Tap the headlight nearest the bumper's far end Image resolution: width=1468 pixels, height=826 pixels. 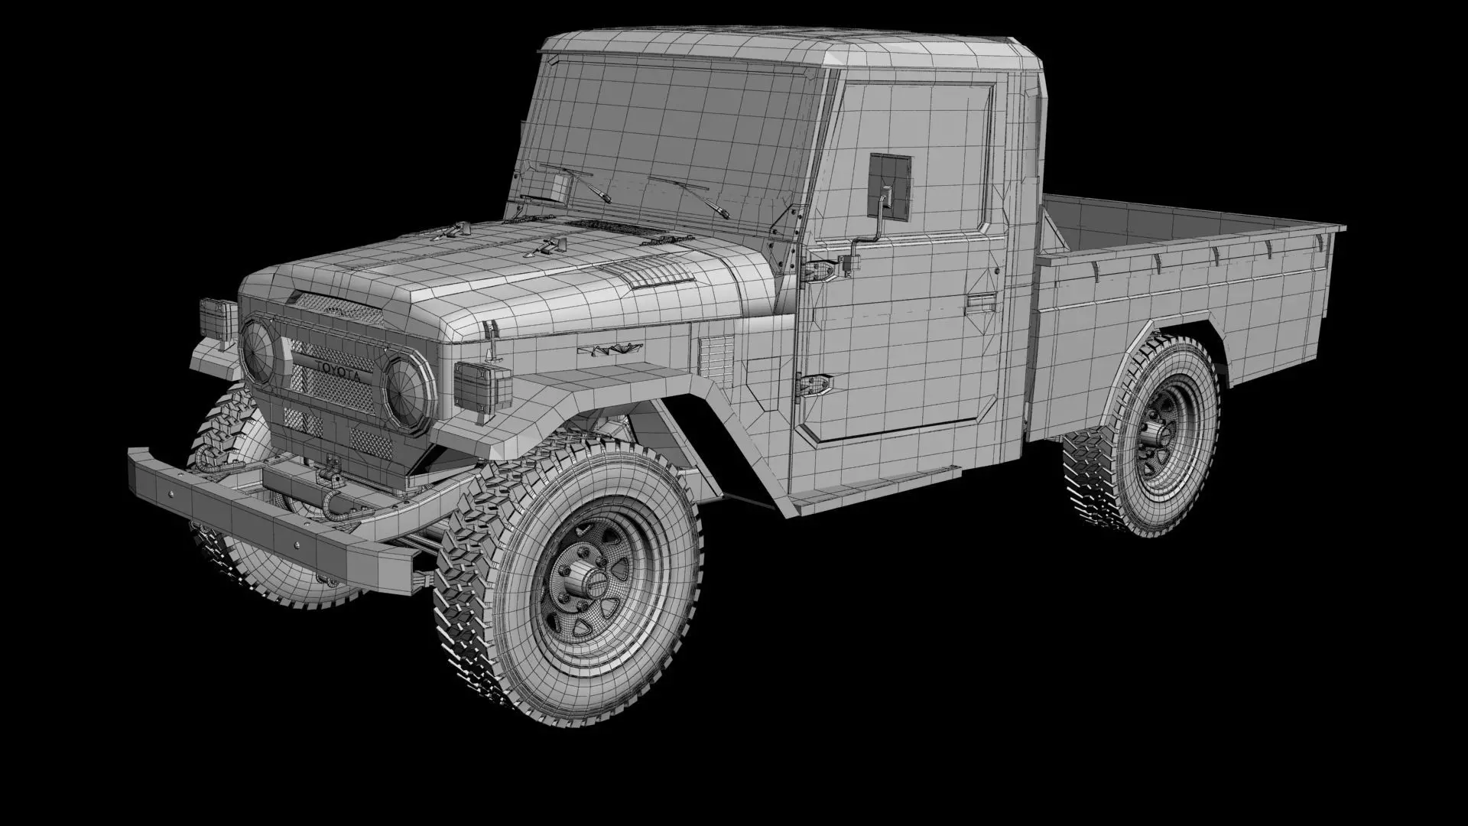pyautogui.click(x=258, y=350)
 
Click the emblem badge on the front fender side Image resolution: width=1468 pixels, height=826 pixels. pyautogui.click(x=609, y=350)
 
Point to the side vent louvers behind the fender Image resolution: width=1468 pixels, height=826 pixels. pyautogui.click(x=716, y=359)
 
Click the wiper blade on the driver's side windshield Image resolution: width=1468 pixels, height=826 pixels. pyautogui.click(x=688, y=194)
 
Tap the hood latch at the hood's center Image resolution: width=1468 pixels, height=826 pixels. pyautogui.click(x=548, y=246)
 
